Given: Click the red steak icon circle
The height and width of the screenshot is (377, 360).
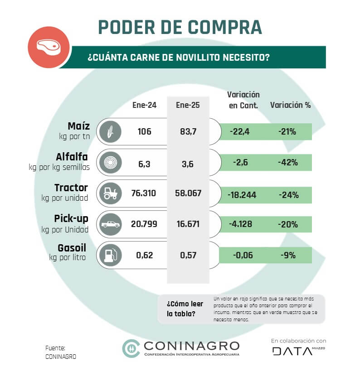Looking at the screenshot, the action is tap(49, 47).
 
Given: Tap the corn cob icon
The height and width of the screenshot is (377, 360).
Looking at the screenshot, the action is tap(111, 132).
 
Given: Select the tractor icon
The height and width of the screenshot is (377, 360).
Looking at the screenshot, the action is tap(111, 193).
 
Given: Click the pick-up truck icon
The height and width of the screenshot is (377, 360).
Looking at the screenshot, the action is tap(111, 224).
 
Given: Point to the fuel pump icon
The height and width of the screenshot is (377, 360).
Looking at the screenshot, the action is tap(111, 255).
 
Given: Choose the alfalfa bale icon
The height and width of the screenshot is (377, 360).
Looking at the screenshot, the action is tap(111, 163).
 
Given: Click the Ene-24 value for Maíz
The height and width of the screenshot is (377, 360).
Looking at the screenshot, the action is tap(144, 131).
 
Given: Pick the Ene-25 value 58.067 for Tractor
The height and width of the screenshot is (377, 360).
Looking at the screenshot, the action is tap(188, 193).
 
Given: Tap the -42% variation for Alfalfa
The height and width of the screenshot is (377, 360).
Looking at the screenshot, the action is tap(288, 163).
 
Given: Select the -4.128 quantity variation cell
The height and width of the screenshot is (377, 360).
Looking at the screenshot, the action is tap(240, 224).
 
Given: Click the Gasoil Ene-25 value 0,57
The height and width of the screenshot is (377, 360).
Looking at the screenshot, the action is tap(188, 255).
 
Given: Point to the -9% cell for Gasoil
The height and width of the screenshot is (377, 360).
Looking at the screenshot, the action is tap(288, 255).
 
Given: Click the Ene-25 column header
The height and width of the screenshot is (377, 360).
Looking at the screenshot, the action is tap(188, 105).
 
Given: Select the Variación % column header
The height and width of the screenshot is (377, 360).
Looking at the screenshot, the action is tap(290, 105).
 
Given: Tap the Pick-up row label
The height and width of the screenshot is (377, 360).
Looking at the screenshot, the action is tap(71, 218).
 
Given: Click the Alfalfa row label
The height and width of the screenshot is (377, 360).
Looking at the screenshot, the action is tap(72, 157).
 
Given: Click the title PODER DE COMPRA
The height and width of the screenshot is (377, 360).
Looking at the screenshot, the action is tap(180, 27).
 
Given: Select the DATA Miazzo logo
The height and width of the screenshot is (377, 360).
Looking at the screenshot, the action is tap(298, 351).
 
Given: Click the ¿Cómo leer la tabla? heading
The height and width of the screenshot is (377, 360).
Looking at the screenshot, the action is tap(185, 309).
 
